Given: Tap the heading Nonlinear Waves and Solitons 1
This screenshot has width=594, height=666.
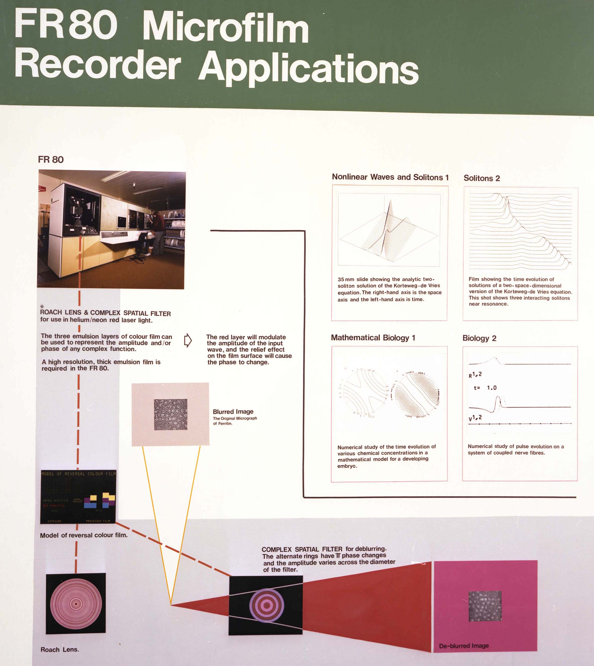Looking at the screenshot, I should [390, 177].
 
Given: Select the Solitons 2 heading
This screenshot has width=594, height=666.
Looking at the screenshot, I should [482, 178].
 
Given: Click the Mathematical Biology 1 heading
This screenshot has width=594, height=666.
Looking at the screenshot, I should [373, 337].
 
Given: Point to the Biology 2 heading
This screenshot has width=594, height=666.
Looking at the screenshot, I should [479, 338].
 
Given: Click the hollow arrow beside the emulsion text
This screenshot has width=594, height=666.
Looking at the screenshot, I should [188, 340].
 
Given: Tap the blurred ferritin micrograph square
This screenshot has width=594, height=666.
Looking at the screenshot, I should [170, 414].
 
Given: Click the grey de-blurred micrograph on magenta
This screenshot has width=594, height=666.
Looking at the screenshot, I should [485, 606].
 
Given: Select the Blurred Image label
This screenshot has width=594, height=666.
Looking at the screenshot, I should [233, 412].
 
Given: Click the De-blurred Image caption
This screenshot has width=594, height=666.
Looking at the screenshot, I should [464, 646].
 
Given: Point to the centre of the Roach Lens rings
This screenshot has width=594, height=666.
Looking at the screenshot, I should [76, 604].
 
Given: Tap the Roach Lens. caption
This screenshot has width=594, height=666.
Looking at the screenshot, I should [60, 650].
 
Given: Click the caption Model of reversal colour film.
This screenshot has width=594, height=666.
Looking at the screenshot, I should [84, 535].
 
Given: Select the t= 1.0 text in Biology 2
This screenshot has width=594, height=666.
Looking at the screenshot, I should [485, 388].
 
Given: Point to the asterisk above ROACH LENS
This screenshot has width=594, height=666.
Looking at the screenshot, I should [42, 306].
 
